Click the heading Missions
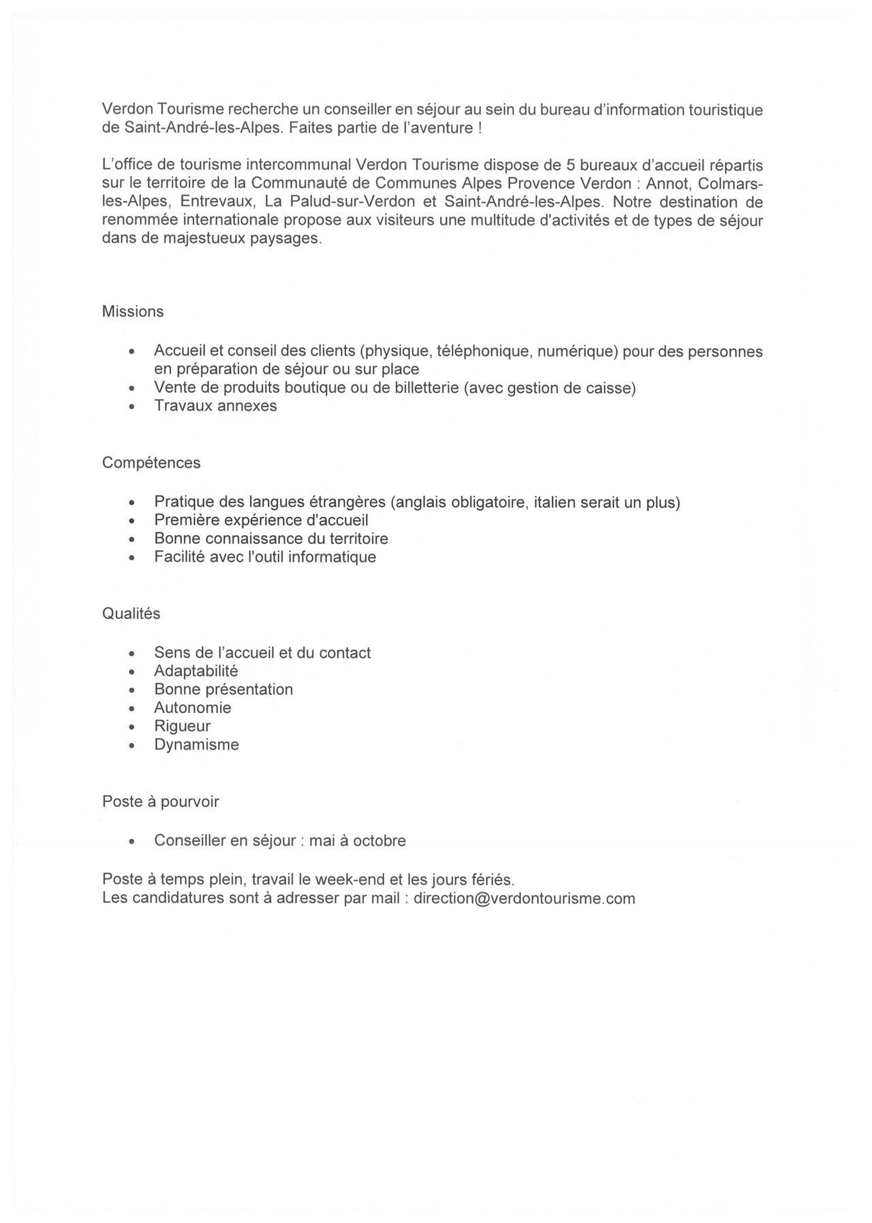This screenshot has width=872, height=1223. tap(133, 312)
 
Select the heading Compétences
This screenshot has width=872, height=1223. tap(151, 463)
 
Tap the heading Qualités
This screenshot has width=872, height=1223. tap(131, 614)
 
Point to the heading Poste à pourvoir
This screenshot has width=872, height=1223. tap(161, 801)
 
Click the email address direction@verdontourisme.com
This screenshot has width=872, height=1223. tap(524, 898)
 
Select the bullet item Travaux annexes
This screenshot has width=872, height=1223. tap(215, 406)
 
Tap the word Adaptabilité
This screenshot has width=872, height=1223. tap(196, 671)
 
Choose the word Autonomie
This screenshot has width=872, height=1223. tap(193, 708)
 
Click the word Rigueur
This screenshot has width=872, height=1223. tap(182, 726)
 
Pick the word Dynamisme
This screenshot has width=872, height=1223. tap(196, 744)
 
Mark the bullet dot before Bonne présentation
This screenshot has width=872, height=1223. tap(132, 690)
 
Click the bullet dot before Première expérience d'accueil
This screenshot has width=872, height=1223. tap(132, 522)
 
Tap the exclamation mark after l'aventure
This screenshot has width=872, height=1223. tap(480, 128)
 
